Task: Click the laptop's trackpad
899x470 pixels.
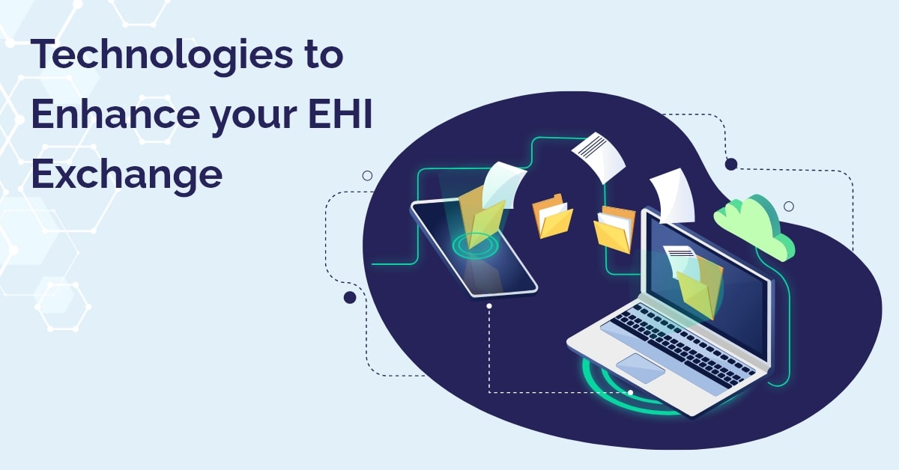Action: pos(640,368)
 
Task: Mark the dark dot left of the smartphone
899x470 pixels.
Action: pos(349,298)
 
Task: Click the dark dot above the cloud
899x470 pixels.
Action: pos(731,164)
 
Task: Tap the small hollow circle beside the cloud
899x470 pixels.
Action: pos(788,206)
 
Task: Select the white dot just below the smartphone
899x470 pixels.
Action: pos(488,306)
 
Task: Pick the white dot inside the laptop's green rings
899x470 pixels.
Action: pos(630,392)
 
